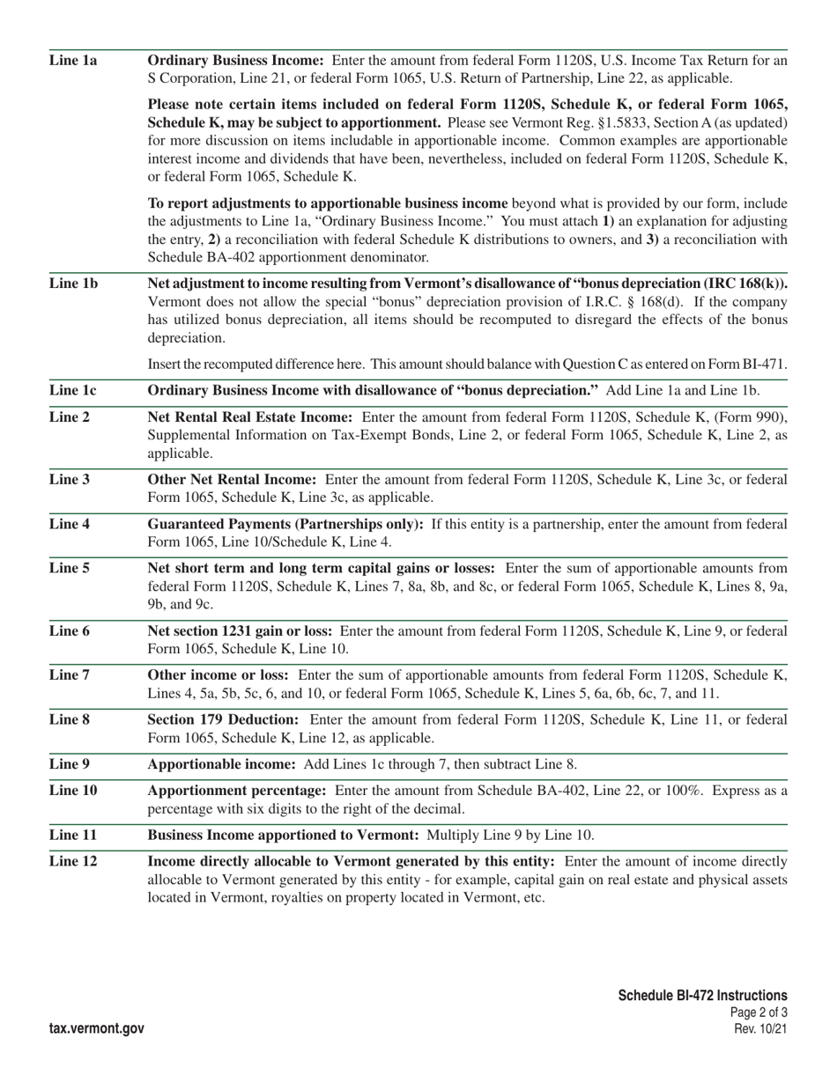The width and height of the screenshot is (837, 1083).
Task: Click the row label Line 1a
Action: coord(73,61)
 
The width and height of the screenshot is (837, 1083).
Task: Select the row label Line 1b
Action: coord(73,284)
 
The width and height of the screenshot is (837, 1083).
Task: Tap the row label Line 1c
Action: coord(73,390)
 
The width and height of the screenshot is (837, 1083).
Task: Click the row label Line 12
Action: coord(73,860)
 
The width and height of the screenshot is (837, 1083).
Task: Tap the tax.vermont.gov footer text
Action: coord(97,1028)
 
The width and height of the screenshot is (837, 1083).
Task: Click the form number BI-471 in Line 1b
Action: coord(765,365)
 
